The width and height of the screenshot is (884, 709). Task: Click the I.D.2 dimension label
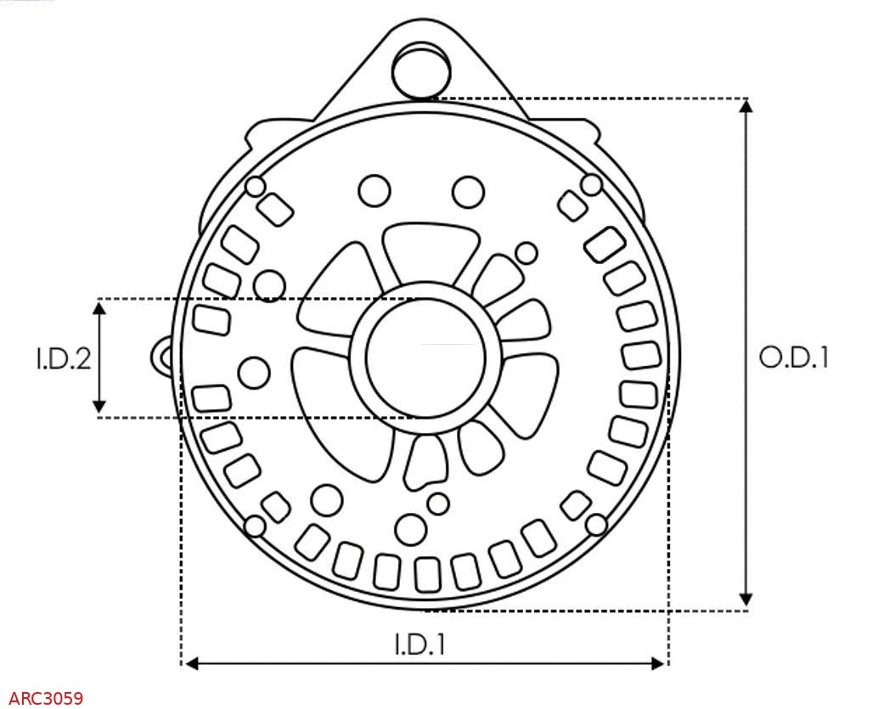coord(63,358)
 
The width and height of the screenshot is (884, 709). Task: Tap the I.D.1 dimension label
coord(419,644)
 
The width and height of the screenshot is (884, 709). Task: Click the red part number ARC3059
coord(47,699)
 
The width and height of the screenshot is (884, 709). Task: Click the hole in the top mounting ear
coord(420,67)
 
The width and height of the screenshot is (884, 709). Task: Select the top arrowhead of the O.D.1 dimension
coord(746,106)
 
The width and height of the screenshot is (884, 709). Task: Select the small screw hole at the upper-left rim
coord(254,187)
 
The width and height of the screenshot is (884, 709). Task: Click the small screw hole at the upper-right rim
coord(591,184)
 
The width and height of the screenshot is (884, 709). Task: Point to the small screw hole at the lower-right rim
coord(598,524)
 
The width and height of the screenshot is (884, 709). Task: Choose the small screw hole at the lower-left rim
coord(253,526)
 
